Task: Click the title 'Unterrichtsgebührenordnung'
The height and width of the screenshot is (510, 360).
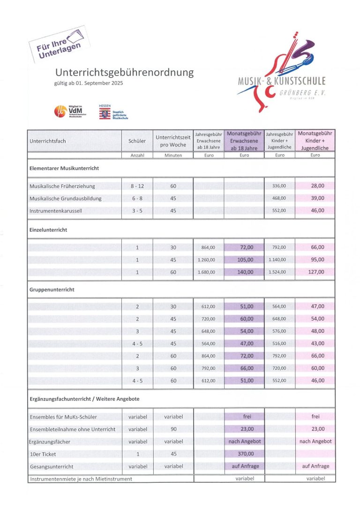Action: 124,73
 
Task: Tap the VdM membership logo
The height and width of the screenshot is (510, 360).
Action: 68,112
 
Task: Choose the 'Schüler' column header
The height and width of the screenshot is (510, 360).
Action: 137,141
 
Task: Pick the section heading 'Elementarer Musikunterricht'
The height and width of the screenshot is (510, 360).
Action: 64,168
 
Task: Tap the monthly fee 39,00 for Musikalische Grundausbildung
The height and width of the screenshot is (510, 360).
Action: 317,198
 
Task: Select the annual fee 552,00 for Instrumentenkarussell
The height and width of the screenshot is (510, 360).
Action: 279,210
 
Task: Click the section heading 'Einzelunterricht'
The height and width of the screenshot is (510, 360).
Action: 48,230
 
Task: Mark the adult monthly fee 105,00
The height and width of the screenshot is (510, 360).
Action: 244,260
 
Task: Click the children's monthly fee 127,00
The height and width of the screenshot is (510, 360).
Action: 317,272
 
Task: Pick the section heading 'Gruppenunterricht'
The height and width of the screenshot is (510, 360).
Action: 52,290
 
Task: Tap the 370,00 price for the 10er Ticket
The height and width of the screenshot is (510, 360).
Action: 244,454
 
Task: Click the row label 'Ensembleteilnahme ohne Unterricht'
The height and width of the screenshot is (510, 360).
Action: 72,429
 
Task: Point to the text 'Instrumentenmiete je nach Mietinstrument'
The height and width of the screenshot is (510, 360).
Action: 81,479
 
